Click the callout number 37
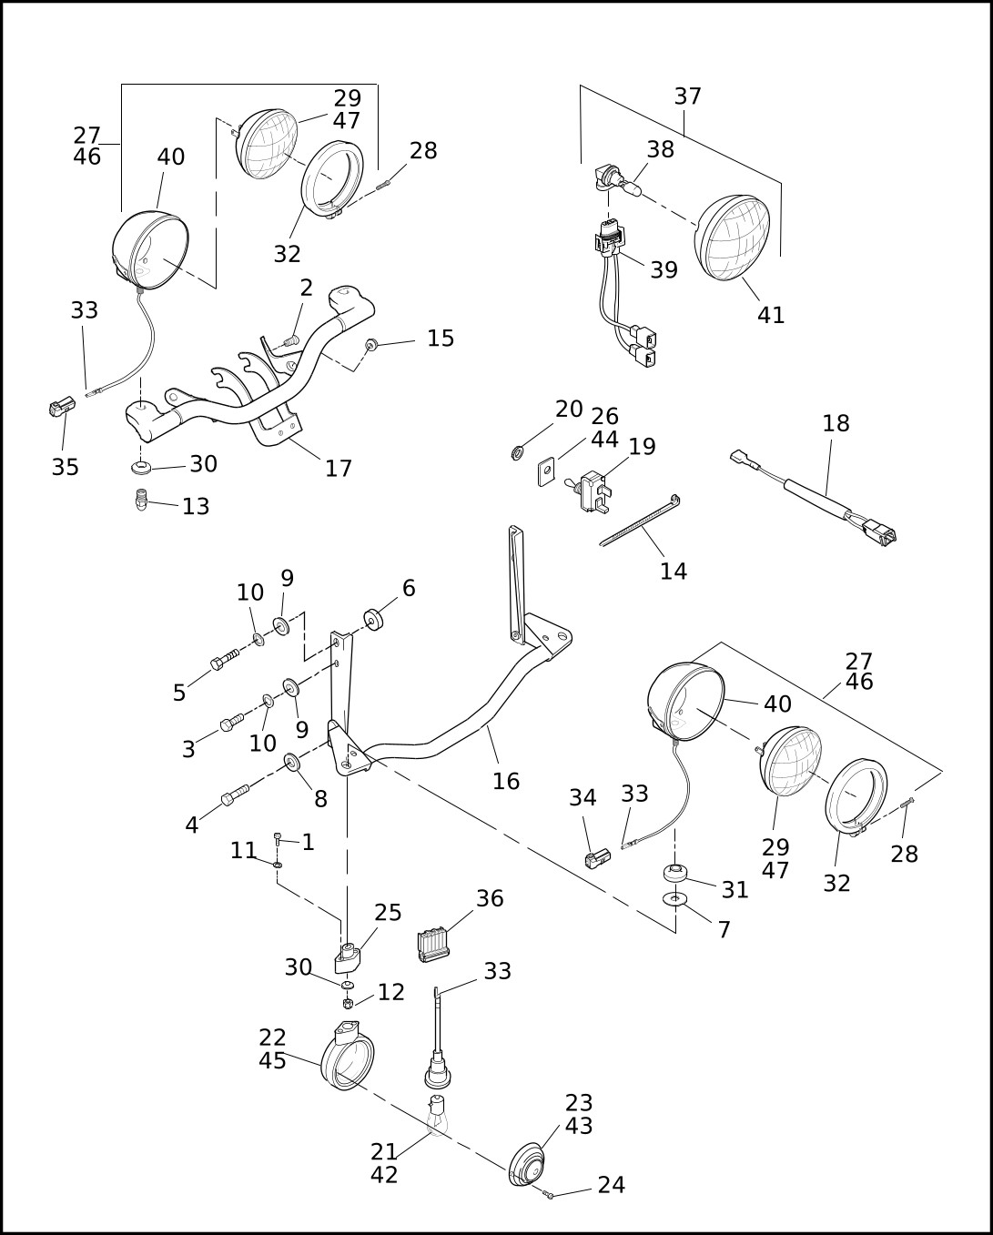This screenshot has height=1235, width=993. pos(688,96)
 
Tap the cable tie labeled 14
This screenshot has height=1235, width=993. pos(640,521)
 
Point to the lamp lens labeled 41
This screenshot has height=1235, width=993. pos(733,238)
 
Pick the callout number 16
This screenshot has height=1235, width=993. pos(506,781)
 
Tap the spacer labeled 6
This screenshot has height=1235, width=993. pos(373,620)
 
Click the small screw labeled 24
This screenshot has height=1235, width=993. pos(549,1193)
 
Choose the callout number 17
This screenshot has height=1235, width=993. pos(339,469)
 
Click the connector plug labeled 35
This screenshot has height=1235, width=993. pos(61,407)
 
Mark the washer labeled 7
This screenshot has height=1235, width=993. pos(674,899)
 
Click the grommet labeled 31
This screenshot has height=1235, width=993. pos(674,873)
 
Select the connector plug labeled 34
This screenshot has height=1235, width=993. pos(597,858)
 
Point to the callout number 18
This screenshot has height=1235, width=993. pos(836,424)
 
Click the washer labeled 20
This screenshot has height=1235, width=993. pos(518,452)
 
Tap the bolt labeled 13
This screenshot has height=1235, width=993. pos(140,500)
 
